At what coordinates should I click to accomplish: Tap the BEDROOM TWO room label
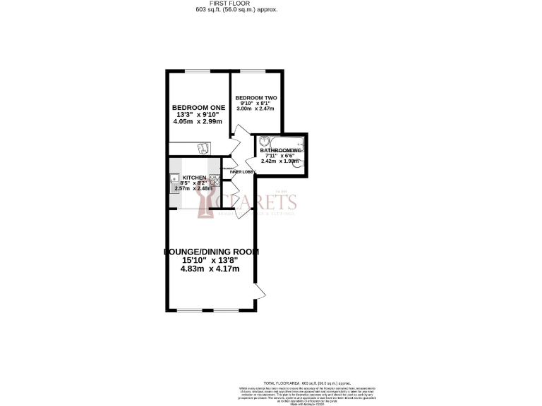click(255, 97)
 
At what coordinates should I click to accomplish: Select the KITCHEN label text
click(194, 178)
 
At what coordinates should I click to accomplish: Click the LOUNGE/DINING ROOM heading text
click(211, 252)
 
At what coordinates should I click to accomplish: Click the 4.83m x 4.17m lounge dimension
click(210, 269)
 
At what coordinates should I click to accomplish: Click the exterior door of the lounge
click(257, 291)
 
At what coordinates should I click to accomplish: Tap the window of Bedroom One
click(197, 71)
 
